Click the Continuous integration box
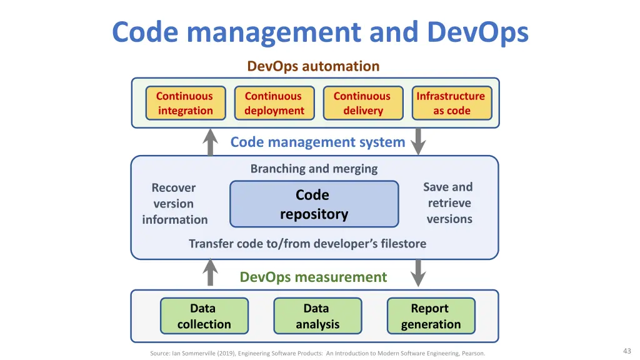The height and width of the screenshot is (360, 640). (x=186, y=103)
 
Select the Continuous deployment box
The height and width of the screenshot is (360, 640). (x=274, y=103)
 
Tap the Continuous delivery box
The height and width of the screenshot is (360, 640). (x=363, y=103)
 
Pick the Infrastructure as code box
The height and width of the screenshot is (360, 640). (x=452, y=103)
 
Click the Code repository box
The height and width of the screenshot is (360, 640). (x=314, y=204)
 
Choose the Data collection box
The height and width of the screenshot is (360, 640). (x=204, y=316)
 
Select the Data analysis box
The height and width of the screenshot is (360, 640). (x=317, y=316)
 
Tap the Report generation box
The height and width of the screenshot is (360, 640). (x=431, y=316)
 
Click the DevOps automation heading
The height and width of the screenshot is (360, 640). (x=314, y=66)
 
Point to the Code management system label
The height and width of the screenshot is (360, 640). (x=317, y=142)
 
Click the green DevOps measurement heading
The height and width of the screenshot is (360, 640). (x=313, y=277)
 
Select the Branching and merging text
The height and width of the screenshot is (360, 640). (x=314, y=169)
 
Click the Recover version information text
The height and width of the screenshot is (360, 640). (x=175, y=204)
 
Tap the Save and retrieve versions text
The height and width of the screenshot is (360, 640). (x=449, y=203)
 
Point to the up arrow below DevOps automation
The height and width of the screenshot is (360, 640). (x=210, y=142)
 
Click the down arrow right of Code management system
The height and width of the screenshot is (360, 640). (x=418, y=142)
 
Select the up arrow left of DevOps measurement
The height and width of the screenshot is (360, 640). (x=210, y=272)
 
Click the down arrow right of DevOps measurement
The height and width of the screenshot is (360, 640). (x=418, y=273)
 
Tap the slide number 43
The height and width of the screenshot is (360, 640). (x=627, y=351)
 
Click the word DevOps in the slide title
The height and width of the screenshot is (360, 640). (x=477, y=32)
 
